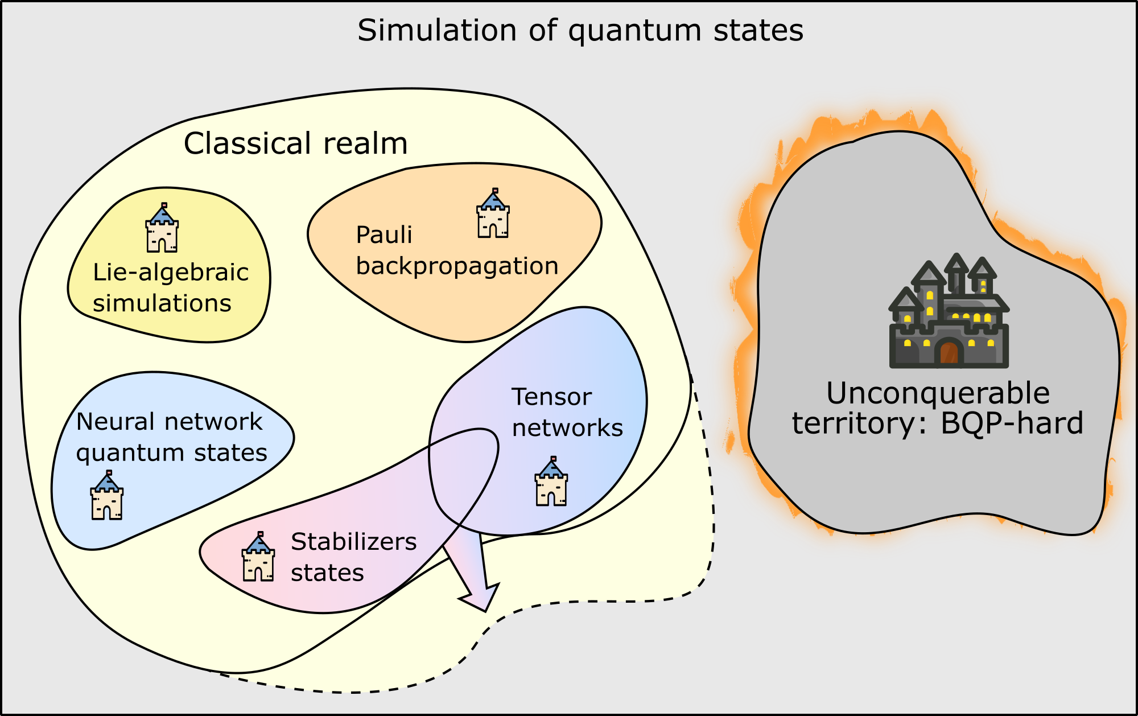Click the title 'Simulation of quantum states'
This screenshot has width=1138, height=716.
tap(580, 30)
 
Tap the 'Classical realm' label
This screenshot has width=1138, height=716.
tap(295, 143)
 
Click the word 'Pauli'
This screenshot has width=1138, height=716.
tap(384, 235)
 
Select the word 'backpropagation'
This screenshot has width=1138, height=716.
tap(457, 266)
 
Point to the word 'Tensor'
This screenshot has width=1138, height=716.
tap(551, 397)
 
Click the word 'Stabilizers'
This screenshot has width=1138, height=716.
tap(353, 542)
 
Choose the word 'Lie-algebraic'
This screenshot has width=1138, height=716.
tap(171, 273)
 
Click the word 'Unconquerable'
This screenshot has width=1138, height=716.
tap(938, 393)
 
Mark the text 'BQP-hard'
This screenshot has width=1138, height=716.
tap(1012, 423)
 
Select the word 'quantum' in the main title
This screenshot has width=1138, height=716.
tap(634, 31)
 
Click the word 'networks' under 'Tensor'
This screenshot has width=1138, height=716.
tap(567, 428)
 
